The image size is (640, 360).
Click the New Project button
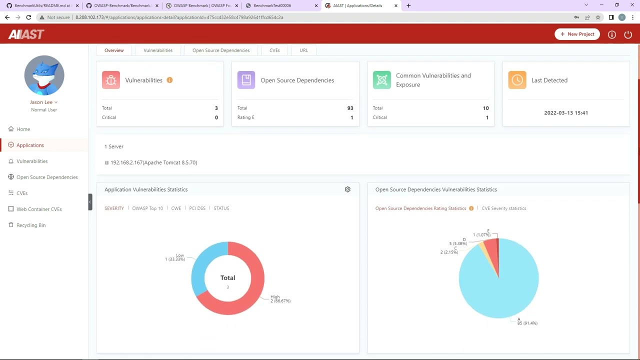point(577,34)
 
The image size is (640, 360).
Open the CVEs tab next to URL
point(274,50)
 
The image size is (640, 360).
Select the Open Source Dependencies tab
point(221,50)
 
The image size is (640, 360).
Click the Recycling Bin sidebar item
point(31,225)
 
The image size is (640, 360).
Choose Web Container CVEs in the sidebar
point(39,209)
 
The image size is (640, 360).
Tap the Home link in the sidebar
point(23,129)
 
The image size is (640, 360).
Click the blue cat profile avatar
point(44,75)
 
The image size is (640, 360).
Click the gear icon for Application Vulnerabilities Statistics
point(347,189)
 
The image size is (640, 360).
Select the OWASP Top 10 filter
point(147,208)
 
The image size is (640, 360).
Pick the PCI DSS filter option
point(197,208)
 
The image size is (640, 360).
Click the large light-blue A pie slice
point(500,290)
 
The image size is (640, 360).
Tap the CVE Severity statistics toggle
point(503,208)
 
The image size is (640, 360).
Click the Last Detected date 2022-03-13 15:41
point(566,113)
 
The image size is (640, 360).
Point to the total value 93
point(350,108)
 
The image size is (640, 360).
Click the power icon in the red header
point(628,34)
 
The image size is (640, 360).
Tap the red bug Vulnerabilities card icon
point(111,80)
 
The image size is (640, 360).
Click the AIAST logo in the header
point(26,34)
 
